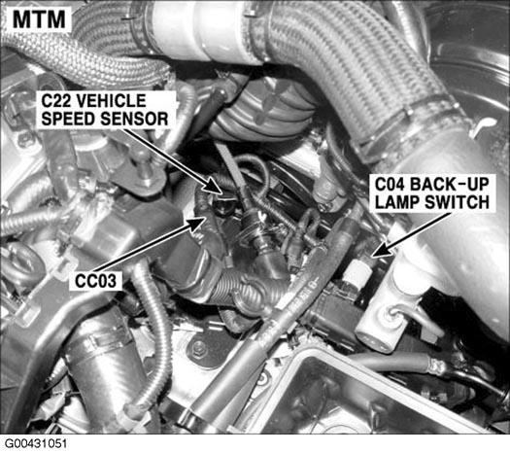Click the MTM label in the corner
pyautogui.click(x=39, y=19)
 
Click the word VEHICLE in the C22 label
pyautogui.click(x=113, y=101)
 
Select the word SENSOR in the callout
pyautogui.click(x=134, y=119)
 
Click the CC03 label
pyautogui.click(x=95, y=281)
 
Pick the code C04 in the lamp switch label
pyautogui.click(x=390, y=185)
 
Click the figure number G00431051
pyautogui.click(x=36, y=444)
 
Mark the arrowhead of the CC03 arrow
pyautogui.click(x=197, y=224)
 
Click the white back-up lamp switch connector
pyautogui.click(x=357, y=272)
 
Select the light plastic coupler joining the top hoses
pyautogui.click(x=202, y=31)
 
